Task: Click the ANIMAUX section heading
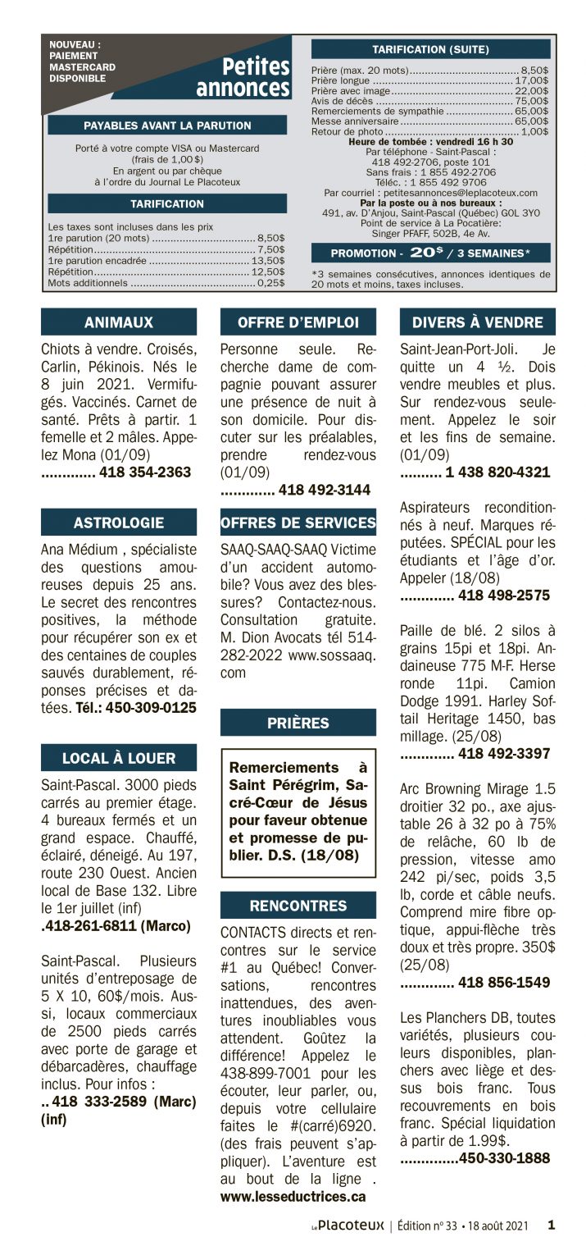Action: pyautogui.click(x=119, y=322)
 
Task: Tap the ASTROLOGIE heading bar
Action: pyautogui.click(x=119, y=523)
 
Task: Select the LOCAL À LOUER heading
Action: pyautogui.click(x=119, y=758)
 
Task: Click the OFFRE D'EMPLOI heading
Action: pyautogui.click(x=298, y=322)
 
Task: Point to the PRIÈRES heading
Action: pyautogui.click(x=298, y=723)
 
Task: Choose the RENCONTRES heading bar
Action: pyautogui.click(x=298, y=906)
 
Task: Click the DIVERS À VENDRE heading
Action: pyautogui.click(x=477, y=322)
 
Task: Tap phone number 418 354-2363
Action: pyautogui.click(x=144, y=472)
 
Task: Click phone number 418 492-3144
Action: pyautogui.click(x=324, y=491)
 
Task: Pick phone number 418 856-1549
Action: pyautogui.click(x=503, y=983)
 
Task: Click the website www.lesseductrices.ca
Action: pyautogui.click(x=293, y=1197)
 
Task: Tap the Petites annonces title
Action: pyautogui.click(x=243, y=77)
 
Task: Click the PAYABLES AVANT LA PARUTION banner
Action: pyautogui.click(x=167, y=126)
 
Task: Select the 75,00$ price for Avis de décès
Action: pyautogui.click(x=532, y=101)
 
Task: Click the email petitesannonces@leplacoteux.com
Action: pyautogui.click(x=443, y=193)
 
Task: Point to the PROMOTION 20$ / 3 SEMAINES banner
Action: pyautogui.click(x=430, y=253)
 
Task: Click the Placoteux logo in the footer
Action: pyautogui.click(x=348, y=1226)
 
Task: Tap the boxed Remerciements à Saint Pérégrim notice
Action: pyautogui.click(x=298, y=812)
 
